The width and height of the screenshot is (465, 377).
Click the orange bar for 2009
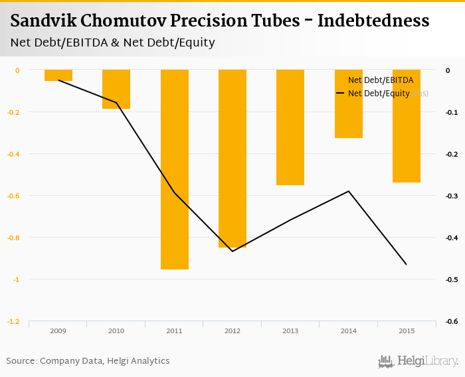click(58, 75)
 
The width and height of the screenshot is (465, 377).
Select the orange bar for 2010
click(116, 89)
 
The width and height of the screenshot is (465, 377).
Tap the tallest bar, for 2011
click(175, 169)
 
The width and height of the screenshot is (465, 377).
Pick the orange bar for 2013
click(290, 127)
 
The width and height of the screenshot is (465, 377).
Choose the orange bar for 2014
click(348, 104)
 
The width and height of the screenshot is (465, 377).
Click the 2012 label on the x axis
click(232, 331)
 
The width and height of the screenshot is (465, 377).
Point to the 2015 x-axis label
click(407, 331)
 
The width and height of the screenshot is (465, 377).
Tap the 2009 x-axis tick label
click(58, 331)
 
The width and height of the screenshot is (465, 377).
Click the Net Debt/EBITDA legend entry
click(381, 80)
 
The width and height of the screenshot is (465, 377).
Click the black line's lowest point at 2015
click(407, 265)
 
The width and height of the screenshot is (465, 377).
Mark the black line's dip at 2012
click(232, 251)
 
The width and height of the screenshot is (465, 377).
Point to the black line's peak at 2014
click(348, 191)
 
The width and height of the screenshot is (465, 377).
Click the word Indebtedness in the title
click(373, 21)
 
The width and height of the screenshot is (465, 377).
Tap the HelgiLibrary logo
click(418, 361)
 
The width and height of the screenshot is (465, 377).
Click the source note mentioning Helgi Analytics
click(88, 361)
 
